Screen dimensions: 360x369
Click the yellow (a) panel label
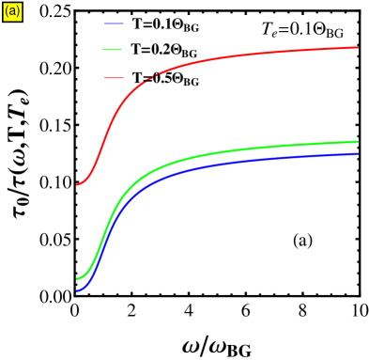[x=12, y=11]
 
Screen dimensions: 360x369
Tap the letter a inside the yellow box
[x=12, y=11]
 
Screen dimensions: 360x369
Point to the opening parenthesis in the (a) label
[x=7, y=11]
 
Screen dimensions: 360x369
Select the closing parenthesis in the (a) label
[x=18, y=11]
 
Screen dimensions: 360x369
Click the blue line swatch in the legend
[x=114, y=23]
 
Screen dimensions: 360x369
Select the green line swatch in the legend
[x=114, y=49]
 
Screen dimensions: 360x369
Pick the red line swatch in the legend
[x=114, y=77]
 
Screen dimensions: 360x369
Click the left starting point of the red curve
[x=77, y=184]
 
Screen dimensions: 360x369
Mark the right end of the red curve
[x=358, y=47]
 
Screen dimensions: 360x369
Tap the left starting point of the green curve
[x=77, y=278]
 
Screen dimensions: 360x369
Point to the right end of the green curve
[x=358, y=142]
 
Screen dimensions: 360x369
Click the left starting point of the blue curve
[x=77, y=291]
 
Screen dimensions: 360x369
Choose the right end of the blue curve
[x=358, y=153]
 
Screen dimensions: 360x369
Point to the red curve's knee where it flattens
[x=141, y=86]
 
